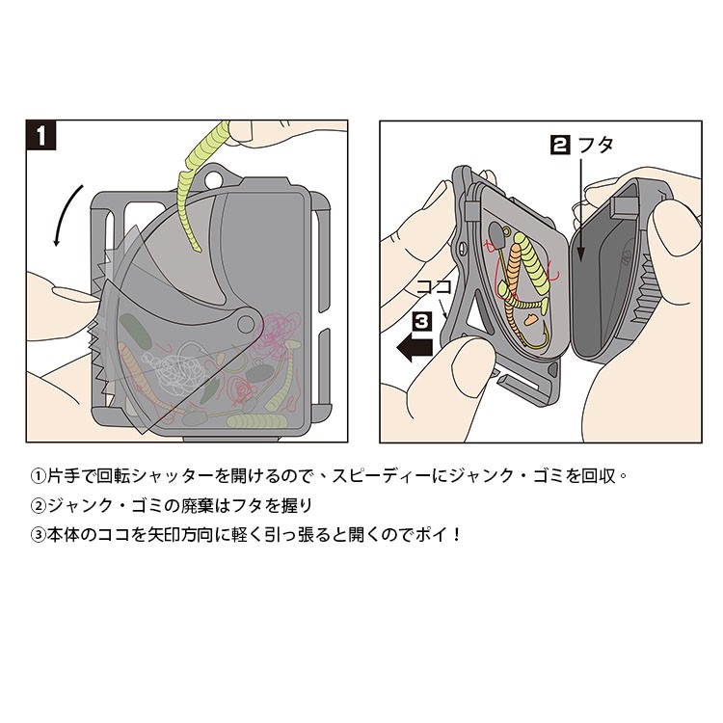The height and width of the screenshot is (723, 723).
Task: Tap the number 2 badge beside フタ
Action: point(558,146)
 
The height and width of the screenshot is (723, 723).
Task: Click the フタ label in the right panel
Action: point(595,146)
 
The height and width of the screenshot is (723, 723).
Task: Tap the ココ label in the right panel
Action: point(430,287)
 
